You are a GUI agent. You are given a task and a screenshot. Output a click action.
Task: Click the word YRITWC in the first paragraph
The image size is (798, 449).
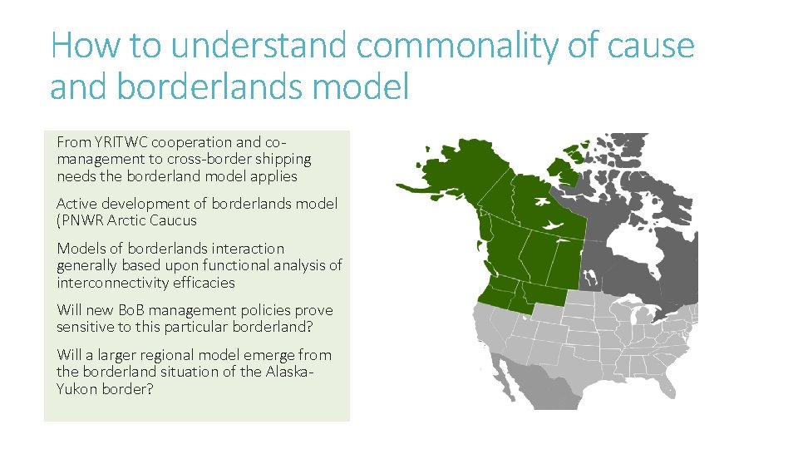[x=118, y=142]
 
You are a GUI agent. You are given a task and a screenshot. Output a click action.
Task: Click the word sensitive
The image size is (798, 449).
[x=86, y=327]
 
